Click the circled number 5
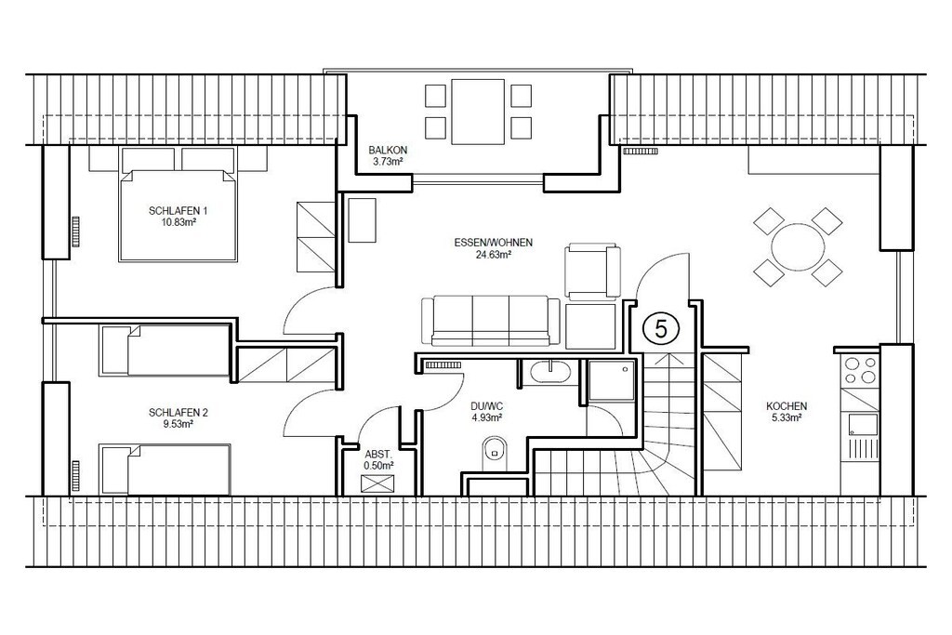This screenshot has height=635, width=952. coord(661,328)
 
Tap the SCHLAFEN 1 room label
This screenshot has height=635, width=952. coord(178,211)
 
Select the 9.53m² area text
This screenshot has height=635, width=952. coord(178,424)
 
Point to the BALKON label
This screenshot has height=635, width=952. coord(388,150)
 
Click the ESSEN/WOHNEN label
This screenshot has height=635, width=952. coord(493,243)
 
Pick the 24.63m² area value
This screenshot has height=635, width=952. coord(493,255)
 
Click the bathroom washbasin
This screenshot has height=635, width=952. coord(549,372)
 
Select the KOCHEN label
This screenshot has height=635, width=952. coord(787,406)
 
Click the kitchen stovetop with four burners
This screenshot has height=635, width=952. coord(860,370)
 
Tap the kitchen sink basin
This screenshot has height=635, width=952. coord(864,423)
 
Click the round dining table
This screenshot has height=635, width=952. coord(799,247)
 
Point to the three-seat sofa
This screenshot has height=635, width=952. coord(491,321)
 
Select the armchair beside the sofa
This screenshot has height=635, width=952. coord(592,272)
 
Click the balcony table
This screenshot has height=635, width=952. coord(478,111)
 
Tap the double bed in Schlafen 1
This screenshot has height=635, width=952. coord(178,216)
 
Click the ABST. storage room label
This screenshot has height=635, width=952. coord(379,454)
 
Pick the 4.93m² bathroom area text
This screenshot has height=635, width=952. coord(487,417)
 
